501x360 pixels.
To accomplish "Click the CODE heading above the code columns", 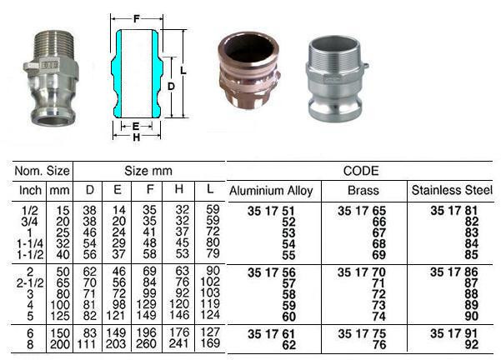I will tap(361, 172).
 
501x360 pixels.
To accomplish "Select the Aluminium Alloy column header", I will tap(271, 191).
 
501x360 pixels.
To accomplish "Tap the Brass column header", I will tap(362, 191).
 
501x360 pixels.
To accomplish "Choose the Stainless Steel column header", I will tap(453, 191).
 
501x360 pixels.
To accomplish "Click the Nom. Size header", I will tap(43, 172).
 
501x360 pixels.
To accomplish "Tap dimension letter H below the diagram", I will tap(137, 138).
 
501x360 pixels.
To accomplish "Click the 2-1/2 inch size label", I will tap(29, 282).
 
